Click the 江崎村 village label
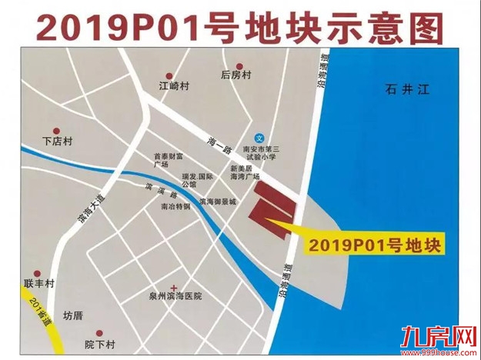[173, 85]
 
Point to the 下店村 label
[56, 142]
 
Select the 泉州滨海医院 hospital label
[175, 295]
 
